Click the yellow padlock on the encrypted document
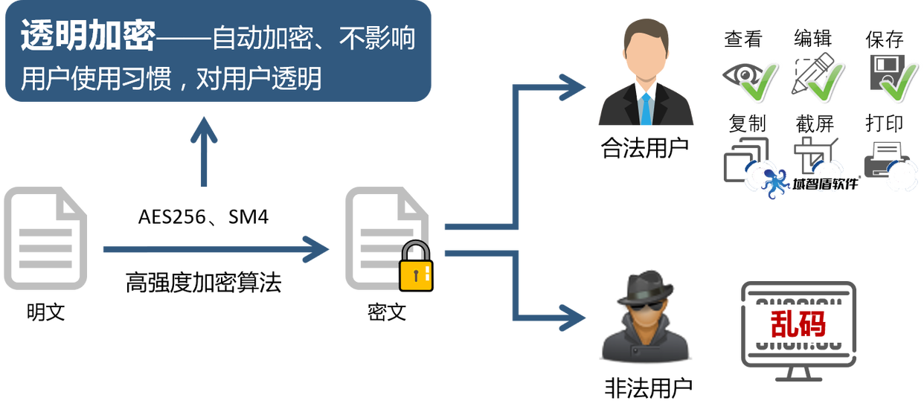pyautogui.click(x=416, y=266)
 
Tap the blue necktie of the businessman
pyautogui.click(x=646, y=109)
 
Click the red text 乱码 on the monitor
pyautogui.click(x=798, y=324)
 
